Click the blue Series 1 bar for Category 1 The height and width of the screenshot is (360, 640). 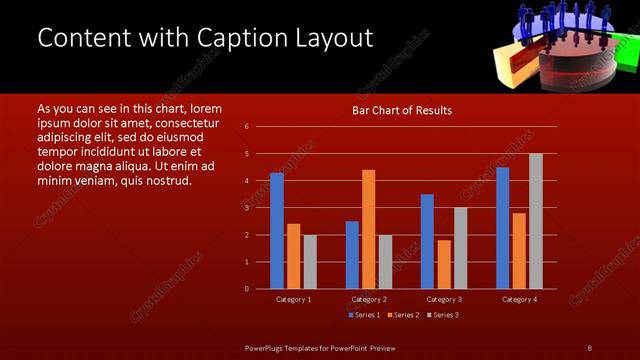(x=277, y=231)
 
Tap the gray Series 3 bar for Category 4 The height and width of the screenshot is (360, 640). (x=535, y=221)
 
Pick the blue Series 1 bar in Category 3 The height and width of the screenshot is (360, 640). (x=427, y=241)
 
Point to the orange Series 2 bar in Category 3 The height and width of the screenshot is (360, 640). (x=444, y=264)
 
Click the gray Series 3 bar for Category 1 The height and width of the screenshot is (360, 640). (x=310, y=261)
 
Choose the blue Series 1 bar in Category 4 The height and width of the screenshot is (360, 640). (x=502, y=228)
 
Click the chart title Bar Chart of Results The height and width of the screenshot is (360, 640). (x=401, y=110)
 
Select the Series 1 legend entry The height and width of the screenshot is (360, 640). (x=364, y=315)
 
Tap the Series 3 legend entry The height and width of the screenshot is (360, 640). (x=442, y=315)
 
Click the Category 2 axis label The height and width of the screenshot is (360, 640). (x=369, y=299)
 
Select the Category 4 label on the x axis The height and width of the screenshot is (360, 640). (x=519, y=299)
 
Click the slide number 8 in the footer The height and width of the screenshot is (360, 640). (x=589, y=347)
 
